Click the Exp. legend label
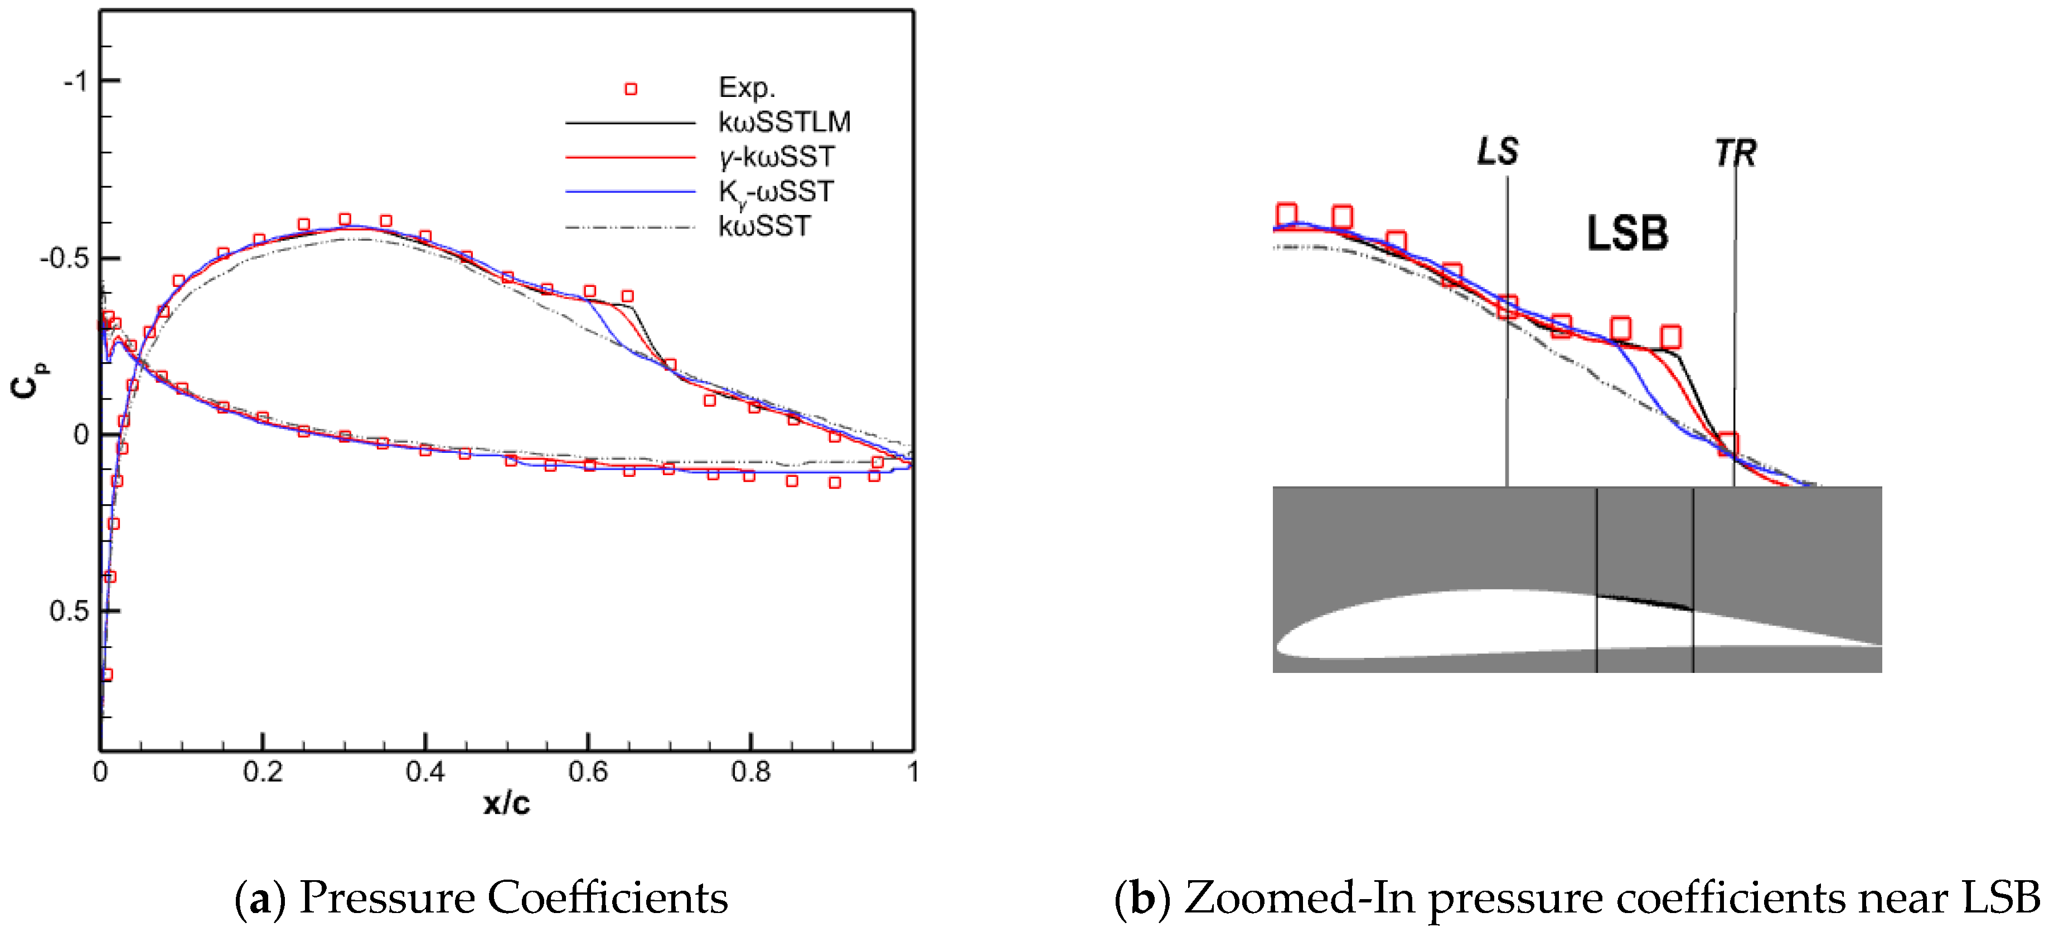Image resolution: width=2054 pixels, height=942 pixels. click(747, 87)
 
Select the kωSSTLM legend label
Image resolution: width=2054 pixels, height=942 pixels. click(784, 122)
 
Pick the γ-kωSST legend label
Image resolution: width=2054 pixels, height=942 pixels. click(777, 157)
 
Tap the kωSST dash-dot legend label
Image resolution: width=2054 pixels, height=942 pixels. click(764, 226)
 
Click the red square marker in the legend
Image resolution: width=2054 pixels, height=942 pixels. click(631, 89)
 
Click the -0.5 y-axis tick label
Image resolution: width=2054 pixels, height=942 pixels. click(64, 258)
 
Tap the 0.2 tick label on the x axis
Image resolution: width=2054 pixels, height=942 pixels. click(263, 772)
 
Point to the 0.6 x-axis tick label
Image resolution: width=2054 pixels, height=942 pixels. click(588, 772)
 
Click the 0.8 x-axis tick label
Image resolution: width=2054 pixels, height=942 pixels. click(750, 772)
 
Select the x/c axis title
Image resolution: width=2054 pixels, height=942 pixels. click(506, 803)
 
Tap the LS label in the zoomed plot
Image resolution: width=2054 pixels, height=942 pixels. click(1498, 152)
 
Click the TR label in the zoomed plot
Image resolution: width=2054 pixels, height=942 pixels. click(1735, 153)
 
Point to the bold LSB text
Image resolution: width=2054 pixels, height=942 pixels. click(1626, 233)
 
